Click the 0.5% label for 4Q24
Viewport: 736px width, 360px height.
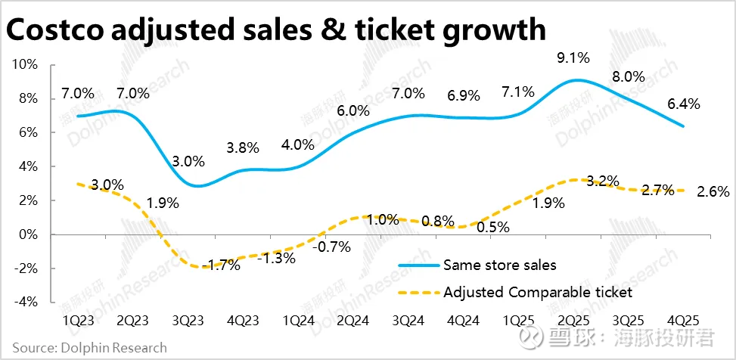492,226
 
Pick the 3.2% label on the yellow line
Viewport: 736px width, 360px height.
602,181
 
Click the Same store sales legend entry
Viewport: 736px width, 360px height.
499,265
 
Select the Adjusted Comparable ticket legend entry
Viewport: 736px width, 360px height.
537,291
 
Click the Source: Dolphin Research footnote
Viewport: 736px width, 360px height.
89,348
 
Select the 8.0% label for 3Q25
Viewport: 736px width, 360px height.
627,76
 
